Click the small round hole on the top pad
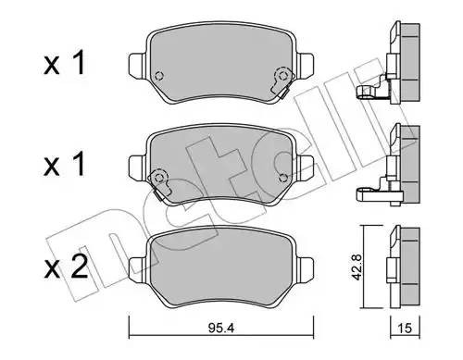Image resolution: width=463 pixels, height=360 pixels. coord(158,77)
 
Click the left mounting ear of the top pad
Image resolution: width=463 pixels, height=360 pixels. coord(134,67)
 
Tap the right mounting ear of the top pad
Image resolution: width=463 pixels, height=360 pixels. coord(302,67)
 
